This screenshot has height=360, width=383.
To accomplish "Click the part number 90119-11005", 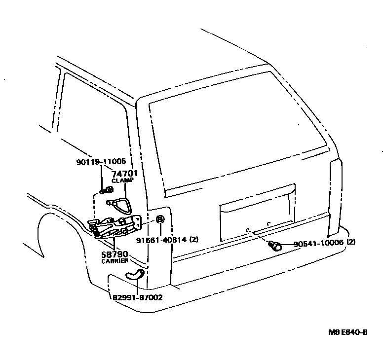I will pos(101,162).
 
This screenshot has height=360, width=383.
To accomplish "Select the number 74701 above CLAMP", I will pos(123,174).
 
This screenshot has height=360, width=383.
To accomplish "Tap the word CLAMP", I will pos(123,180).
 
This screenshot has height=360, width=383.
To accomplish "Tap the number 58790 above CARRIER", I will pos(115,254).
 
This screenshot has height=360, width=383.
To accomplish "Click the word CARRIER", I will pos(115,261).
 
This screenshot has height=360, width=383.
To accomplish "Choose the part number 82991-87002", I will pos(135,297).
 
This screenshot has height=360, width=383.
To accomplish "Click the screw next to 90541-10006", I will pos(275,245).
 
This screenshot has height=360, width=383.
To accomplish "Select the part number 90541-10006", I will pos(318,243).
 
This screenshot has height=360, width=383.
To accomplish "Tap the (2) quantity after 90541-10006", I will pos(351,243).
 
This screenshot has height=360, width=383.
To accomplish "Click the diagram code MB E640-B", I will pos(348,332).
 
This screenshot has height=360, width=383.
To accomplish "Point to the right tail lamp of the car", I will pos(336,197).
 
